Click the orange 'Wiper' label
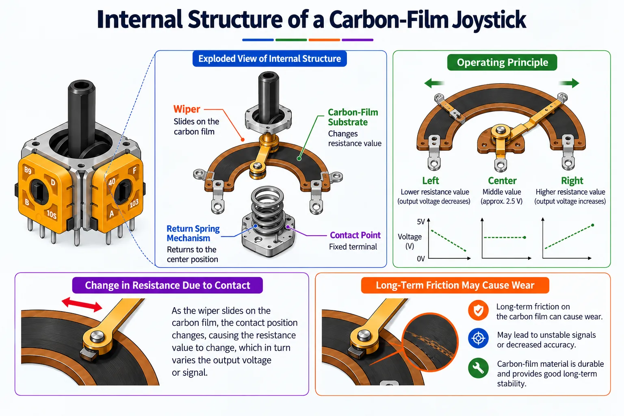(186, 109)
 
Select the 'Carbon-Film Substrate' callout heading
(353, 117)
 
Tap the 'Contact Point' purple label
(355, 235)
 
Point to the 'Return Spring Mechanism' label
(193, 234)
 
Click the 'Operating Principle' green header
(502, 63)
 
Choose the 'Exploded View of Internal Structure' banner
(270, 59)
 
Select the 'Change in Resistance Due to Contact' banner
(167, 285)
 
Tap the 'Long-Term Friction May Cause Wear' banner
(455, 285)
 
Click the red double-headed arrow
(82, 304)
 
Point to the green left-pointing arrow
(434, 83)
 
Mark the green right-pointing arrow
(569, 83)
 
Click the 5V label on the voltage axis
(420, 222)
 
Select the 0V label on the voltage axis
(420, 259)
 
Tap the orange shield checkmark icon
(478, 310)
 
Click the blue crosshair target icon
(478, 338)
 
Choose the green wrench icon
(478, 368)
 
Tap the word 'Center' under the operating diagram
(502, 181)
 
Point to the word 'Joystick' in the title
(489, 19)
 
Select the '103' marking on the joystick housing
(134, 204)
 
